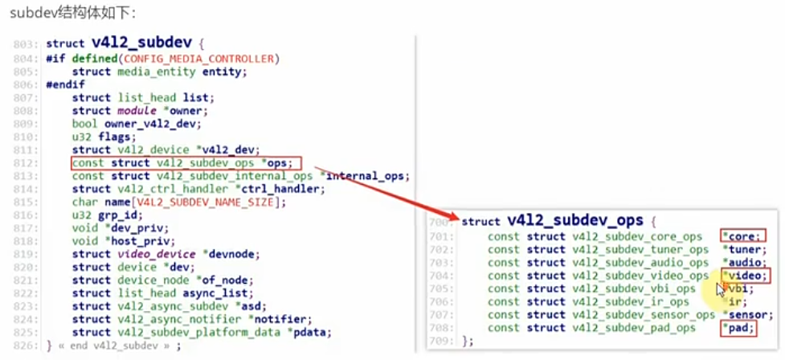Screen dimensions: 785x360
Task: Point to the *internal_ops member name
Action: click(369, 176)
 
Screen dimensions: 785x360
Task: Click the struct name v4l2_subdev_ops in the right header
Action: click(575, 221)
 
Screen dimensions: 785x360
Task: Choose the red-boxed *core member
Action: click(742, 236)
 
